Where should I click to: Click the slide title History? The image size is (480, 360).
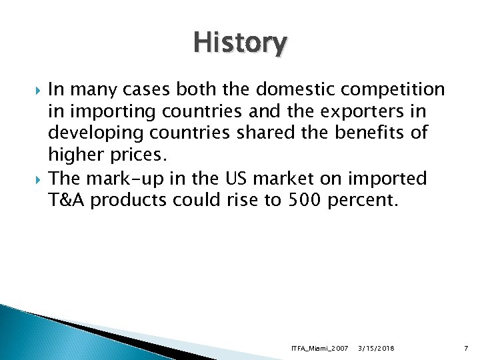pos(240,44)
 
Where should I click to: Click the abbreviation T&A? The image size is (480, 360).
pos(67,200)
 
